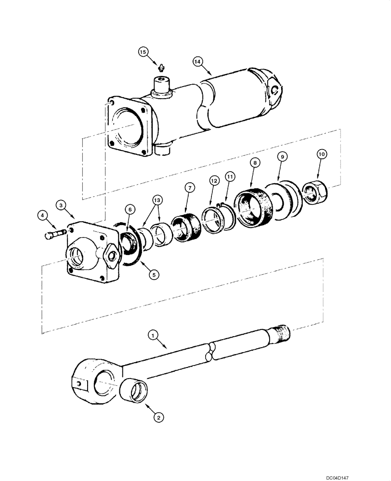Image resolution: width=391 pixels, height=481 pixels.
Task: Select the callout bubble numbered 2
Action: point(157,418)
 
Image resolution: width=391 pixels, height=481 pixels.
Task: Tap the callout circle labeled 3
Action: point(60,205)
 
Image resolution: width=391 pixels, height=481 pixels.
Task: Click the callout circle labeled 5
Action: point(153,275)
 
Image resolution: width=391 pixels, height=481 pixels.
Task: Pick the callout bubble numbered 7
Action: point(189,188)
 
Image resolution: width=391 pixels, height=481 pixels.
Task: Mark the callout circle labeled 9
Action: point(283,156)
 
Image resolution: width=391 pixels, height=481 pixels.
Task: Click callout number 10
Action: point(322,154)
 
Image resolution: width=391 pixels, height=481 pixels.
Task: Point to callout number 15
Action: point(142,51)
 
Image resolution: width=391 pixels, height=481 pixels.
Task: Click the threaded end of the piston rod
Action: point(282,331)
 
